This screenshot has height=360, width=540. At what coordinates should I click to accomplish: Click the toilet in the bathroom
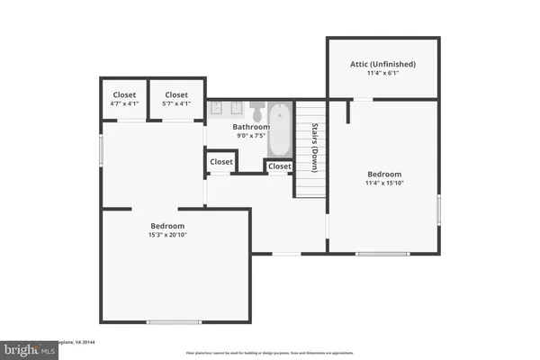(256, 112)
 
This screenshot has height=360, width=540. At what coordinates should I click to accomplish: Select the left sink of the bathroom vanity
(218, 109)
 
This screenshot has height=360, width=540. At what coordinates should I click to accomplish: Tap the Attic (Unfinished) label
(382, 64)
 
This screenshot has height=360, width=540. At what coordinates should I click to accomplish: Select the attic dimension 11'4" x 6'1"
(382, 75)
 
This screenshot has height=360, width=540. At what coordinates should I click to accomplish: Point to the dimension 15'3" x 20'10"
(167, 236)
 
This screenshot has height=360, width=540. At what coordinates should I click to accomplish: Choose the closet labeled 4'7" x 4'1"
(124, 100)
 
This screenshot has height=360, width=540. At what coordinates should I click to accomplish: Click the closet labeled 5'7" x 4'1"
(176, 100)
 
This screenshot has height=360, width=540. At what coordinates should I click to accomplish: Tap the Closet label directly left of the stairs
(279, 166)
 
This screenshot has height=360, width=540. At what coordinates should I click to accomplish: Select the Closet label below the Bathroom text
(220, 162)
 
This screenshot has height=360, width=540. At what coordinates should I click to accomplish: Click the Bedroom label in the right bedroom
(384, 174)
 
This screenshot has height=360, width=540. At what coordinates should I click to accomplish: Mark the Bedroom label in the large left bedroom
(167, 225)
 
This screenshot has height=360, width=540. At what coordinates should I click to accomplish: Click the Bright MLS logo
(27, 349)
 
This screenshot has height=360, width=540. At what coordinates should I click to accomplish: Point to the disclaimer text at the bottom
(270, 352)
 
